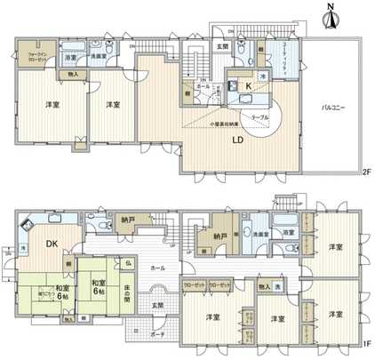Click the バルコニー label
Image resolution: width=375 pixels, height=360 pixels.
(332, 108)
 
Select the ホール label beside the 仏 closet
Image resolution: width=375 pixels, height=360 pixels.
(157, 267)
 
